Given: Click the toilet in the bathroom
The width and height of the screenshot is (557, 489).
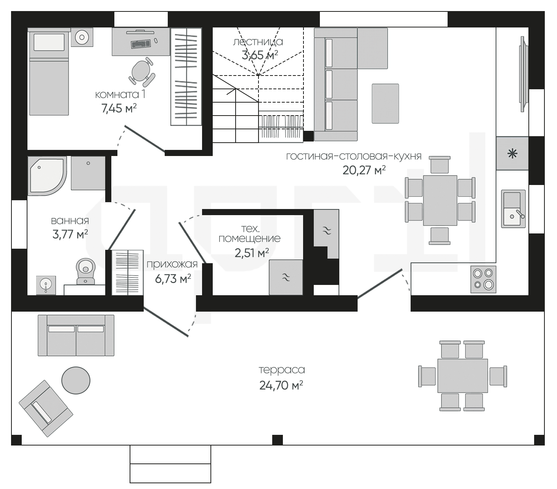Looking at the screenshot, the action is pos(85,271).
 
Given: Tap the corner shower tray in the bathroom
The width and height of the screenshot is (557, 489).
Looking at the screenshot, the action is pos(47,176).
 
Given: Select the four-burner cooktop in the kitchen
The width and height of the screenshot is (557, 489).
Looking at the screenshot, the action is pos(483,279).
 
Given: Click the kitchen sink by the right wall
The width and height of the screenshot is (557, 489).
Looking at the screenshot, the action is pos(513,209).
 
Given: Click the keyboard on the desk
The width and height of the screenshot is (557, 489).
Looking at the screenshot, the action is pos(141,44).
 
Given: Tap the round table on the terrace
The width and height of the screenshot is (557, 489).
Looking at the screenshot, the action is pos(76,380).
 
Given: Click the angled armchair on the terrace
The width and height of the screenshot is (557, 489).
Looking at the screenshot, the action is pos(46,409).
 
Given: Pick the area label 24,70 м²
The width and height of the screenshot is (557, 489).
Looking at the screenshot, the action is pos(281,385).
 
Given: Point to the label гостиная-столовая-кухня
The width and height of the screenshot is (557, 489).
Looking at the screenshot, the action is pos(354,156).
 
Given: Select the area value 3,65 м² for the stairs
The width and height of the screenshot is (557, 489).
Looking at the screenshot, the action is pos(260,55).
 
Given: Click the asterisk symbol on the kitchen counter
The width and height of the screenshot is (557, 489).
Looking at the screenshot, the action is pos(512,153).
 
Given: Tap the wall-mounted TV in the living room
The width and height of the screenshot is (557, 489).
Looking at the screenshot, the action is pos(523,74).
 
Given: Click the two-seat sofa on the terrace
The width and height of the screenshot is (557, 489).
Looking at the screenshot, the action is pos(76,336).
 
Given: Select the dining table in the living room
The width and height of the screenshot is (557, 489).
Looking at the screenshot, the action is pos(440,201).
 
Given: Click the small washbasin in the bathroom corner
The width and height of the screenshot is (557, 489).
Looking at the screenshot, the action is pos(46,285).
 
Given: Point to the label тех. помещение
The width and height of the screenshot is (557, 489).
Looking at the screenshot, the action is pos(250,233).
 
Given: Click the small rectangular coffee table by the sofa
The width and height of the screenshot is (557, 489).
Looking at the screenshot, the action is pos(385,104).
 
